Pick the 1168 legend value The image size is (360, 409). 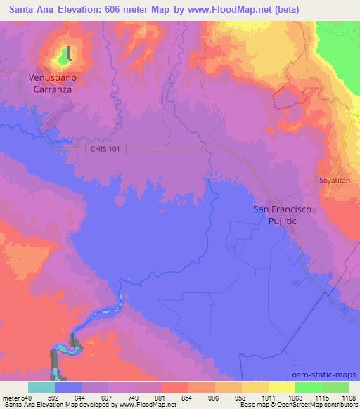pos(348,397)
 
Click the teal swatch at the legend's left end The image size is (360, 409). pos(41,387)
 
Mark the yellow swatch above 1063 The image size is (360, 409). pos(282,387)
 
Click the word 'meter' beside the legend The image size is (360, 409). pos(11,397)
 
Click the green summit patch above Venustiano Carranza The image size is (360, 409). pos(70,53)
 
